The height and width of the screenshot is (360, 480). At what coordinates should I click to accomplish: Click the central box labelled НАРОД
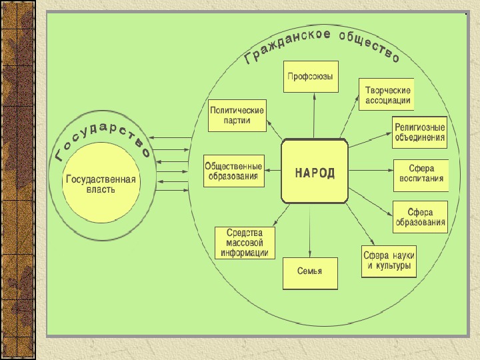point(315,171)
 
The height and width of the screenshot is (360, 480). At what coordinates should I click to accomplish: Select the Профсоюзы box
point(311,77)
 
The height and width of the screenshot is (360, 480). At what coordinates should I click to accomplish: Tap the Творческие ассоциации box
point(387,95)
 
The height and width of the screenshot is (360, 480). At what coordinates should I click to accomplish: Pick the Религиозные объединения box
point(419,131)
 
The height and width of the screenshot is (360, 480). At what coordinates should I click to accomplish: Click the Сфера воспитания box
point(420,175)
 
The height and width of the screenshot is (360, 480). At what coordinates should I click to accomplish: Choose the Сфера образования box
point(420,217)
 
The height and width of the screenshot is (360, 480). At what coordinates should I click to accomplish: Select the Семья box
point(310,272)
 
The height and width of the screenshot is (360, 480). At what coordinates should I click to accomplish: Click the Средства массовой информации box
point(245,243)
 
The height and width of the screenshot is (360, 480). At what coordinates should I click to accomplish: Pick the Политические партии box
point(237,115)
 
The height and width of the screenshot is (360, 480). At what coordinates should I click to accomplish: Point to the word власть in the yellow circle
point(100,190)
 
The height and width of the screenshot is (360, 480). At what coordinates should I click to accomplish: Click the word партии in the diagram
point(238,121)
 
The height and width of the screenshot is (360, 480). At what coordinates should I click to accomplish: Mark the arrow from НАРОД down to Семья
point(311,230)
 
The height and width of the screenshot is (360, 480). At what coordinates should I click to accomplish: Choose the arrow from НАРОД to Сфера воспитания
point(370,171)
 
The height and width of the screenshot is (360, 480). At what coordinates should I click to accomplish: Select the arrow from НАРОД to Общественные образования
point(273,171)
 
